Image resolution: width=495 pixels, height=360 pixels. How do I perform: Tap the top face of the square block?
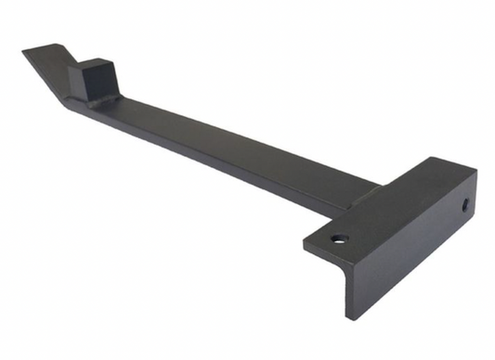click(96, 65)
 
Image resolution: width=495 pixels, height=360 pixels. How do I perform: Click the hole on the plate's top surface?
click(339, 238)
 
